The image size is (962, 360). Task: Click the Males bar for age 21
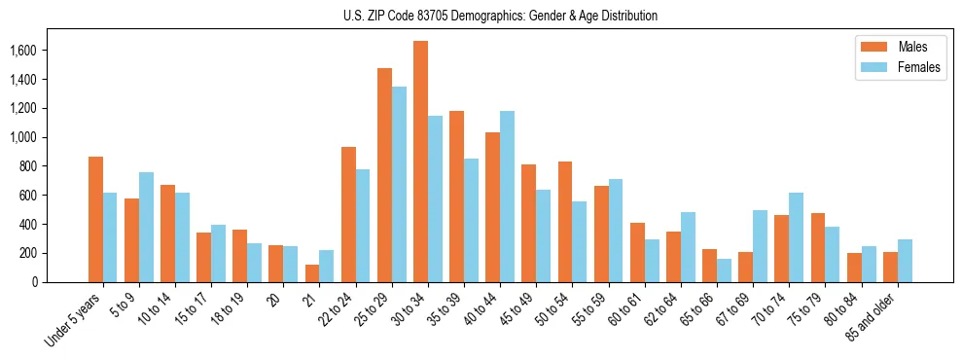(x=312, y=273)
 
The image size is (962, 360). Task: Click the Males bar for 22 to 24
(x=348, y=215)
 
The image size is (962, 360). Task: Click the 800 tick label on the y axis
(x=27, y=166)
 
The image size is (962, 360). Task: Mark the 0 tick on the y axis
(x=34, y=282)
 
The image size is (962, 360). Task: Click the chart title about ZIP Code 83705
(x=500, y=16)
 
